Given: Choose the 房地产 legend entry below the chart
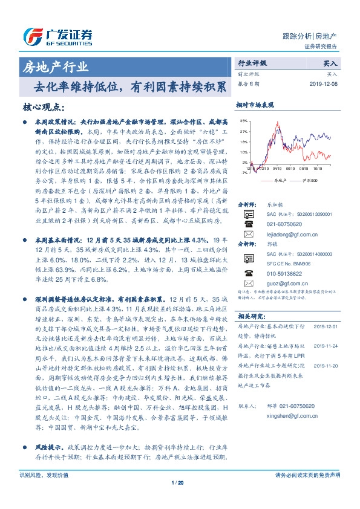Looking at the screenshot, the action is click(279, 180).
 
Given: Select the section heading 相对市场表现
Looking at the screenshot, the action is click(255, 105).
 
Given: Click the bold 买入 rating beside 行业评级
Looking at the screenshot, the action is click(332, 63).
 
